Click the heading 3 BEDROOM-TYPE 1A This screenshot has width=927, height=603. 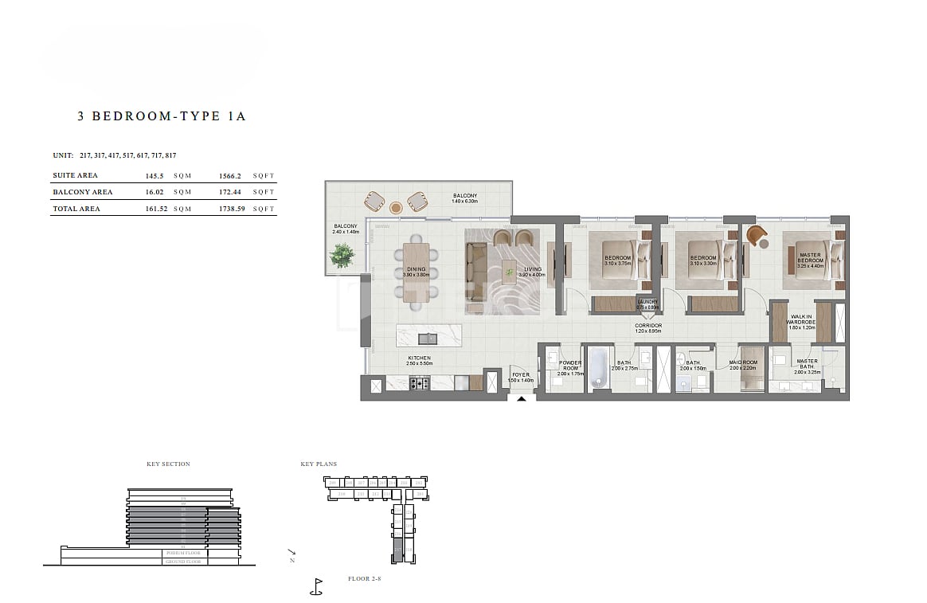coord(162,116)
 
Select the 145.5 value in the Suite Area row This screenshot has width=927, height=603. coord(154,175)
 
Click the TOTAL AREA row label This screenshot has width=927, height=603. coord(76,209)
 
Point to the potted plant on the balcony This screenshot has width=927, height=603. coord(343,255)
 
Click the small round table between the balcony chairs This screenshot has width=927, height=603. coord(396,208)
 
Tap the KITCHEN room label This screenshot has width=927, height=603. coord(419,358)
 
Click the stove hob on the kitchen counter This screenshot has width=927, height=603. coord(419,383)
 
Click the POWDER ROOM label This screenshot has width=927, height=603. coord(570,366)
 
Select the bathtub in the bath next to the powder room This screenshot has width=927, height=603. coord(599,368)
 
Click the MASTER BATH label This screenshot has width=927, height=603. coord(807,364)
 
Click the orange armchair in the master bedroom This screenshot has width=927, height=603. coord(756,236)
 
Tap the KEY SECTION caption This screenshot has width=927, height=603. coord(168,464)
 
